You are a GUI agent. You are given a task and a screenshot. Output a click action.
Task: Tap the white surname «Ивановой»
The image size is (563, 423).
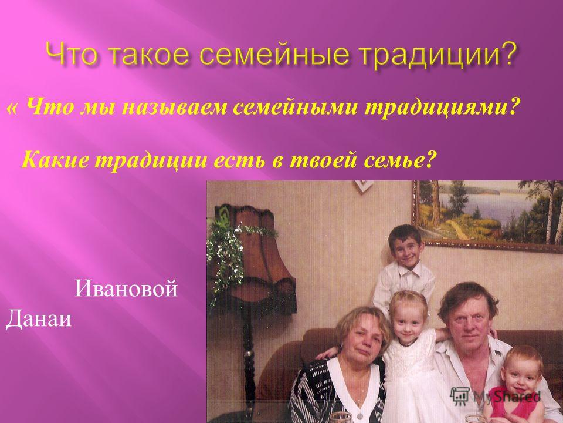(126, 288)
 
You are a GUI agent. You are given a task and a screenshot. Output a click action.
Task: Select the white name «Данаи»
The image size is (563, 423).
(38, 318)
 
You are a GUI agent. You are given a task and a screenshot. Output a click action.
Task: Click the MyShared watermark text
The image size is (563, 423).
(506, 396)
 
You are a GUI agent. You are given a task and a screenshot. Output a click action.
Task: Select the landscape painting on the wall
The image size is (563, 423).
(487, 215)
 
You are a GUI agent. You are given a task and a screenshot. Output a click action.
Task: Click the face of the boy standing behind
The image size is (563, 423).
(405, 247)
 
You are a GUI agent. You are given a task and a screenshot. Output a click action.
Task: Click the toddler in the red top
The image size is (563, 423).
(518, 385)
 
